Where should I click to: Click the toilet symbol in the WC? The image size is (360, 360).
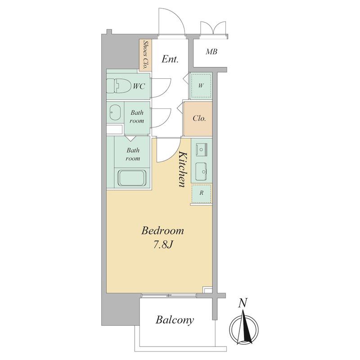point(118,86)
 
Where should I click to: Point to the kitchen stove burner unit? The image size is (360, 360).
point(202,149)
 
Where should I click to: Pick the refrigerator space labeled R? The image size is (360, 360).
point(202,193)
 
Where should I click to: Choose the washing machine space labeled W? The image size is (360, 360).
point(201,85)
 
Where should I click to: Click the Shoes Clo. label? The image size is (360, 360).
point(145,55)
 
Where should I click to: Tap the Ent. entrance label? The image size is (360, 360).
point(170,59)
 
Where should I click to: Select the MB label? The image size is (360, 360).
point(211,52)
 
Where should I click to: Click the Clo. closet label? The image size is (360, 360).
point(199,118)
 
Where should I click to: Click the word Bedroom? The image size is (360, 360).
point(162,230)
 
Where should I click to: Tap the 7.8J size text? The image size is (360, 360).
point(163,245)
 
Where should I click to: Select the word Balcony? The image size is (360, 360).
point(175,320)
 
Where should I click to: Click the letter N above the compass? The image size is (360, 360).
point(243,303)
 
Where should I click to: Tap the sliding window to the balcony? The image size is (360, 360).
point(169,295)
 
